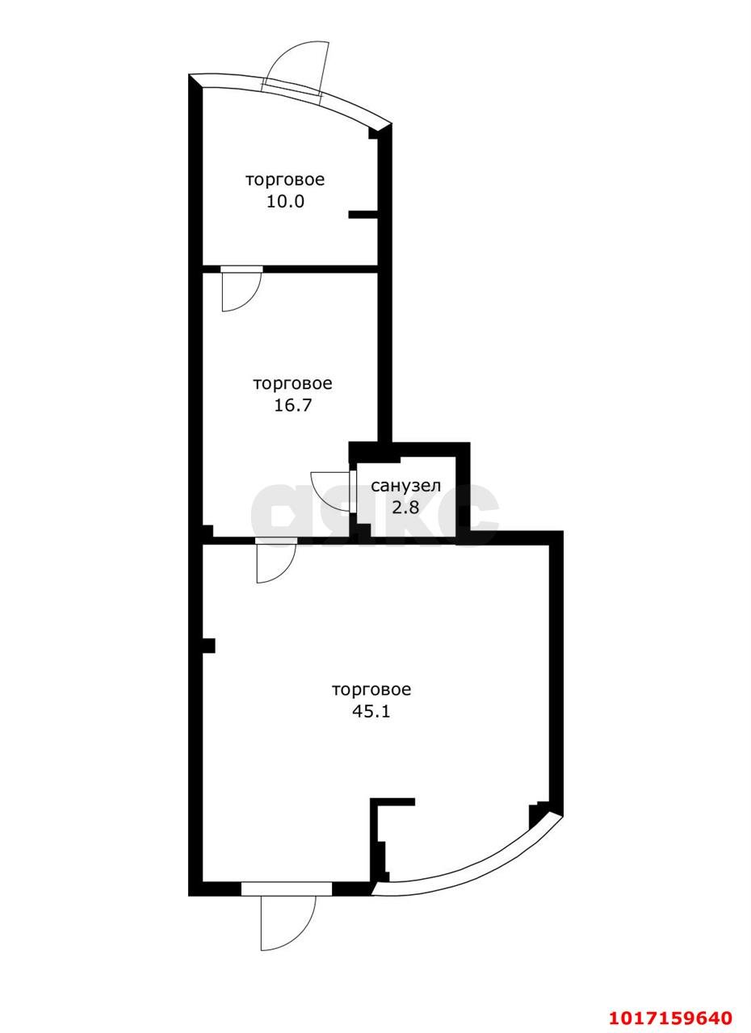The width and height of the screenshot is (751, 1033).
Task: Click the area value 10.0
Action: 285,202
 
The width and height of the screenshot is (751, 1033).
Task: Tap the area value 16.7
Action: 292,405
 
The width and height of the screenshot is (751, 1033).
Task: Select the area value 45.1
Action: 371,711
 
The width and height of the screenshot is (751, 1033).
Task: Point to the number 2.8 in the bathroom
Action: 405,507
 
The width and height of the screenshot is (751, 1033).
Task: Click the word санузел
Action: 406,486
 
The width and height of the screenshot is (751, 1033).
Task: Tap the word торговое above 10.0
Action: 285,180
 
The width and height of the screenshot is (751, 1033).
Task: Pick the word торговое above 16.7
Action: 292,383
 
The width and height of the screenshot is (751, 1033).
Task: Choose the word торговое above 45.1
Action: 371,689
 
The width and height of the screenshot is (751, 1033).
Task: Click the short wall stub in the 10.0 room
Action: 363,214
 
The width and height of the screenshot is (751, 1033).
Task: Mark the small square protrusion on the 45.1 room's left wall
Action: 208,646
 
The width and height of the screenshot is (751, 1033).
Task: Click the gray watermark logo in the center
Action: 375,513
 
